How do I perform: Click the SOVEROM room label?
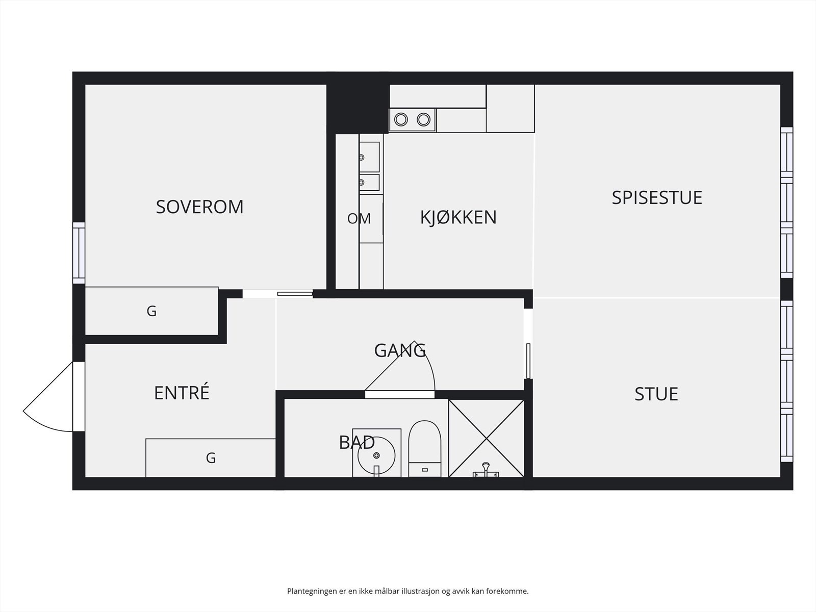[199, 207]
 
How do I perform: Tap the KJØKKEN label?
[458, 217]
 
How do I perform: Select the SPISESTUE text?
[657, 197]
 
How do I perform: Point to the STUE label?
[656, 394]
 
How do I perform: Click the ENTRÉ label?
[182, 393]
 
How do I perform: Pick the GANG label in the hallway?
[400, 350]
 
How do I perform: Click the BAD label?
[356, 442]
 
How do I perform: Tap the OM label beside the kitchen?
[359, 219]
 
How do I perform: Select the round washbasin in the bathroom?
[376, 454]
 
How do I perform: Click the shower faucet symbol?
[486, 470]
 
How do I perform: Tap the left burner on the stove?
[401, 120]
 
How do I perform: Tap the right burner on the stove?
[423, 120]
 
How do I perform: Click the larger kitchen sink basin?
[369, 157]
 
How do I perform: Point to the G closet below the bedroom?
[151, 311]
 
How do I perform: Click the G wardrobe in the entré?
[211, 458]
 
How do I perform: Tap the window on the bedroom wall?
[79, 253]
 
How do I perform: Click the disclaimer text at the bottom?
[407, 591]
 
